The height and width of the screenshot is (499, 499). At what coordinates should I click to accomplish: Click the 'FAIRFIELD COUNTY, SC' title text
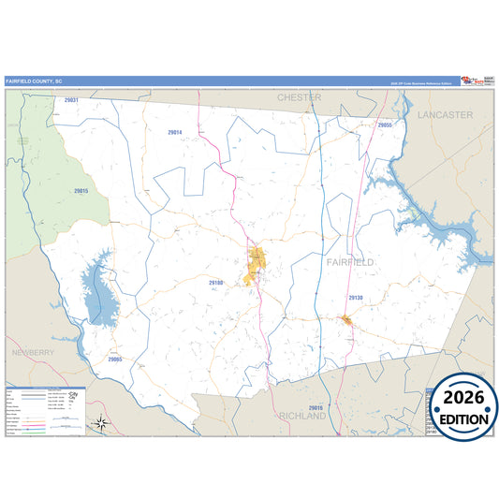(x=33, y=81)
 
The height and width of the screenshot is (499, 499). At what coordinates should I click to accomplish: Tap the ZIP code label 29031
(x=70, y=100)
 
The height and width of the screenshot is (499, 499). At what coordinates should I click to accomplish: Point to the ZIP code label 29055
(x=385, y=125)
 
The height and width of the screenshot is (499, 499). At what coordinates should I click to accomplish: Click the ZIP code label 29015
(x=81, y=191)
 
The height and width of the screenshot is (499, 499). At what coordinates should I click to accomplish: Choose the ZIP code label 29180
(x=216, y=282)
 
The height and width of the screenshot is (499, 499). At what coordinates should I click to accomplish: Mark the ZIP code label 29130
(x=356, y=297)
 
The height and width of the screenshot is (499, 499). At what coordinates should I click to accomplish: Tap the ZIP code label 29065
(x=114, y=359)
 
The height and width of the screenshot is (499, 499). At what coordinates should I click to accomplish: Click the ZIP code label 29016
(x=315, y=408)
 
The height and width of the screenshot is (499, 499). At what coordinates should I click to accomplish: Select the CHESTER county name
(x=299, y=97)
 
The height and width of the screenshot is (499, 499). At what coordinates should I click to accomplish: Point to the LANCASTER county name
(x=445, y=114)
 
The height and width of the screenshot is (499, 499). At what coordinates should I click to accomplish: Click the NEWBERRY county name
(x=34, y=352)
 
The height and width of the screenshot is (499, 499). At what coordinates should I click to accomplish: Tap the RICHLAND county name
(x=301, y=416)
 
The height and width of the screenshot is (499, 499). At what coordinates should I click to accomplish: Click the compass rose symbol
(x=102, y=424)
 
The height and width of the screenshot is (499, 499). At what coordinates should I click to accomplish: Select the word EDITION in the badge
(x=465, y=418)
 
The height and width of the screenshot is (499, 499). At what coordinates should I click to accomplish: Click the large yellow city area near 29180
(x=254, y=267)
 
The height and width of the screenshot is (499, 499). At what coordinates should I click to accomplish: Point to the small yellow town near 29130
(x=346, y=321)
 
